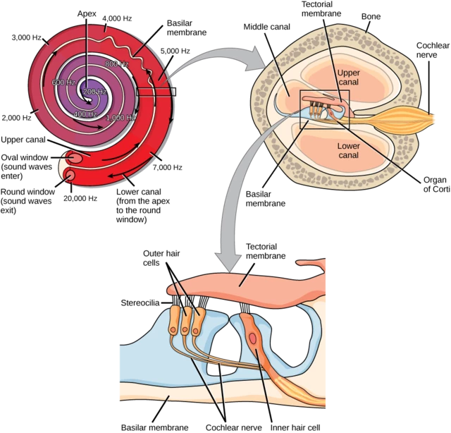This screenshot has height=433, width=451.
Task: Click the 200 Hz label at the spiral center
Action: (x=94, y=92)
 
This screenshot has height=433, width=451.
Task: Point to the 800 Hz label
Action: (x=116, y=65)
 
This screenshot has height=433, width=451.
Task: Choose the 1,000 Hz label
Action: (x=121, y=118)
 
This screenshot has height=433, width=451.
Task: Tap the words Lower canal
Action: (x=349, y=151)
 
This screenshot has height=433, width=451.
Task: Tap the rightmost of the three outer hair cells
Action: (x=199, y=319)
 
